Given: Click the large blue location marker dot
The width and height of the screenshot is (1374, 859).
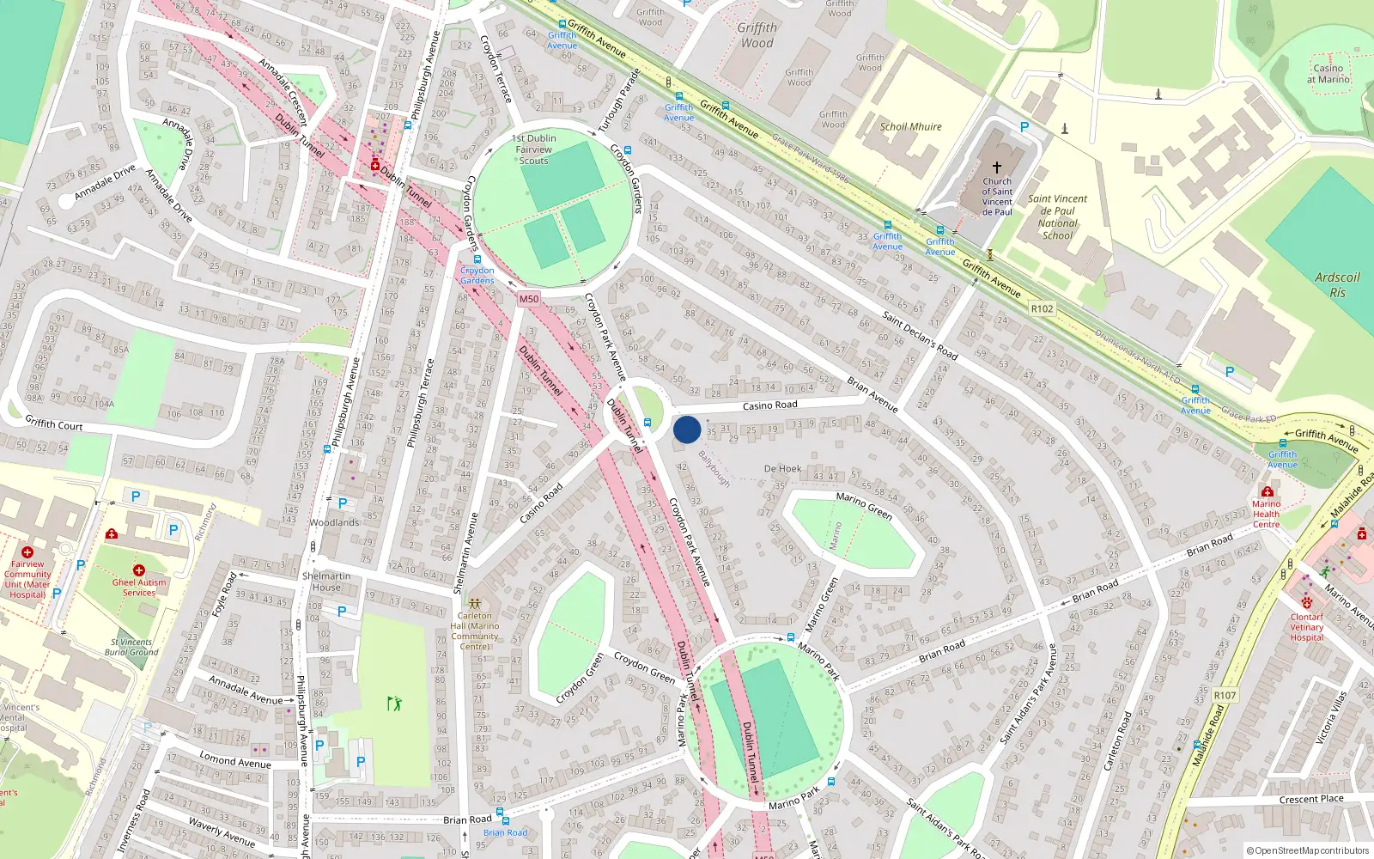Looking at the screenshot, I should point(687,429).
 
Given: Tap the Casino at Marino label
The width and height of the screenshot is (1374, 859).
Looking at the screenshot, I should point(1328,74).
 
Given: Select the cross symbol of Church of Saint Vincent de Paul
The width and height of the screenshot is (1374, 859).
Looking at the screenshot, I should point(997,168).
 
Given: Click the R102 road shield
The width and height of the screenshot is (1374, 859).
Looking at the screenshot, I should point(1042,308).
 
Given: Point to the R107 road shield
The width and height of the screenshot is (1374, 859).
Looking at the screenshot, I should point(1225,695).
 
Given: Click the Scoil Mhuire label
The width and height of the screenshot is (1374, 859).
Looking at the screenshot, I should point(910,126).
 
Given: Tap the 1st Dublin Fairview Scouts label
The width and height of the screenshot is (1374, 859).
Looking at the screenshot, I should point(533,149).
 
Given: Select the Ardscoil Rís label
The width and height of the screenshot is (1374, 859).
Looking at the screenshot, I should point(1337,284).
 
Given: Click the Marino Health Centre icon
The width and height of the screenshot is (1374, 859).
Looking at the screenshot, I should point(1267,491).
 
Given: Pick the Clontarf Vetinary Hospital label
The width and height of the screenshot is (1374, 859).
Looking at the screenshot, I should point(1306,627).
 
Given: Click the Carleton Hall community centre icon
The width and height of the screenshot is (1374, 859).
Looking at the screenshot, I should point(474,604).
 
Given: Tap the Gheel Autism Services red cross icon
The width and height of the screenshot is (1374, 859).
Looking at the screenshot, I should point(139,570).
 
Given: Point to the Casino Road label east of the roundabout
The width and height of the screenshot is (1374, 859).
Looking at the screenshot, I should point(769,405).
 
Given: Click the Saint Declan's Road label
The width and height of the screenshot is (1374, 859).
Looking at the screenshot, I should point(920,335).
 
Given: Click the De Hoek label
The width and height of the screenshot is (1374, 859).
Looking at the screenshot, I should point(782,469).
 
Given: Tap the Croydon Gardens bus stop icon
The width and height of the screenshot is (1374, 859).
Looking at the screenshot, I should point(477,259).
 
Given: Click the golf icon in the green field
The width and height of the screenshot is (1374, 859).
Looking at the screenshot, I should point(394,704).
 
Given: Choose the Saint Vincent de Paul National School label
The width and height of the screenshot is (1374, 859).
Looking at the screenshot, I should point(1057,216).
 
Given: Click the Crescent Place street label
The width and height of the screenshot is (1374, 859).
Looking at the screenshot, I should point(1310,799).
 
